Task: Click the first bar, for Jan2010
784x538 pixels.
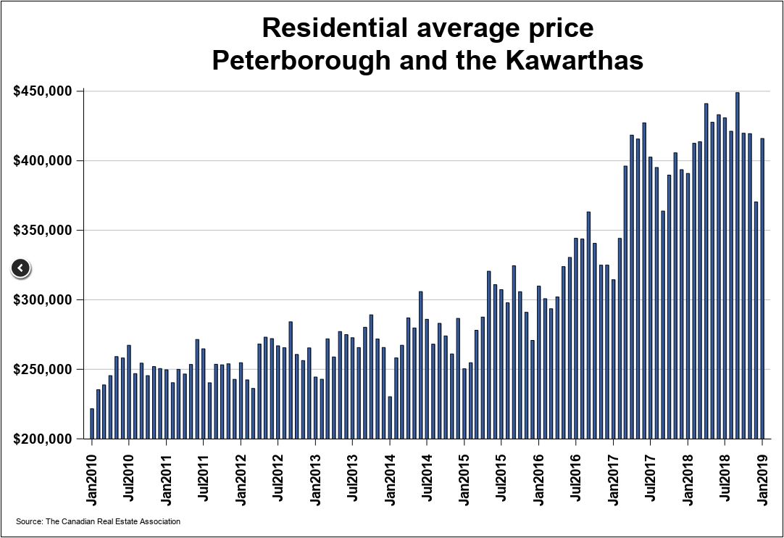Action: pos(92,423)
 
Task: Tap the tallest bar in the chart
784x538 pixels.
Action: pos(738,265)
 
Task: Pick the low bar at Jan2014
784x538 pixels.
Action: pos(390,417)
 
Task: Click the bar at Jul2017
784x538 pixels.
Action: pos(651,297)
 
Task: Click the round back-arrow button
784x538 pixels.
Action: pos(21,268)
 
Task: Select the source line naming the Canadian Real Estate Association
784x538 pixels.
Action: pos(98,521)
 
